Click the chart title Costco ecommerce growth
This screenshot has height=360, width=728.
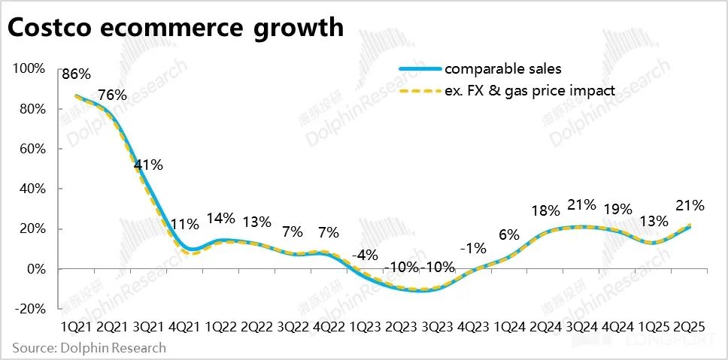[176, 28]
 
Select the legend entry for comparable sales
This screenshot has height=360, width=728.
[502, 69]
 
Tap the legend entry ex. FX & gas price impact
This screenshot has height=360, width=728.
[529, 90]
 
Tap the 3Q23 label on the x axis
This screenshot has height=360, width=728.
[438, 328]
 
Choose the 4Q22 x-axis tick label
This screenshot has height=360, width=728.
[329, 328]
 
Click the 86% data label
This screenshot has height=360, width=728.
[76, 74]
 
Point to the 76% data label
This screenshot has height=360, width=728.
[112, 95]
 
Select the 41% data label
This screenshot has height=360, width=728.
[148, 165]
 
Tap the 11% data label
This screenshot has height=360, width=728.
[184, 224]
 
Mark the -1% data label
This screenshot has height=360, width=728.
[473, 248]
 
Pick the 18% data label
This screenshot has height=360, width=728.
[544, 210]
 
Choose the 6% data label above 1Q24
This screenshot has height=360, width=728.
[508, 234]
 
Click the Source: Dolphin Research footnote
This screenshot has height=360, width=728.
[89, 348]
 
